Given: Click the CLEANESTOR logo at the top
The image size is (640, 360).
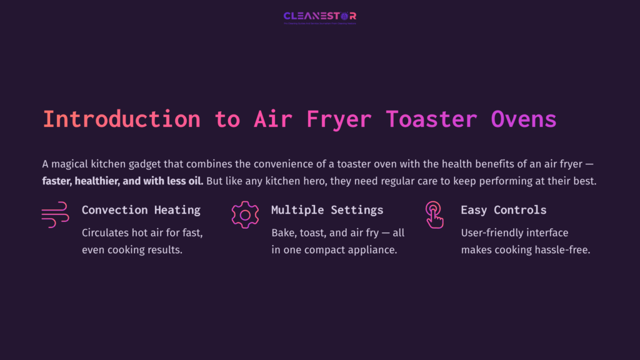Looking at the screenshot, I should click(x=319, y=16).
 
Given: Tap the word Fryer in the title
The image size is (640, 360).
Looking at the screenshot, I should click(x=339, y=119).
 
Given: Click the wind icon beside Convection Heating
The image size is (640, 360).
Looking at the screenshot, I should click(x=55, y=214).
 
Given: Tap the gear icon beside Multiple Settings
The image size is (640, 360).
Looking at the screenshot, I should click(x=245, y=214).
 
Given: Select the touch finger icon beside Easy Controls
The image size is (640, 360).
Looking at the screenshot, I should click(x=434, y=214).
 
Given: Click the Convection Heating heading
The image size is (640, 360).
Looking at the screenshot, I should click(x=141, y=210).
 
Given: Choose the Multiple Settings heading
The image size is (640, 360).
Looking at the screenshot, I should click(x=327, y=210).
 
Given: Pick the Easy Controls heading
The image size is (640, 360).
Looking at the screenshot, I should click(x=503, y=210).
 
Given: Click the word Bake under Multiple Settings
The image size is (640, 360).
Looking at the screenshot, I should click(x=283, y=232).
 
